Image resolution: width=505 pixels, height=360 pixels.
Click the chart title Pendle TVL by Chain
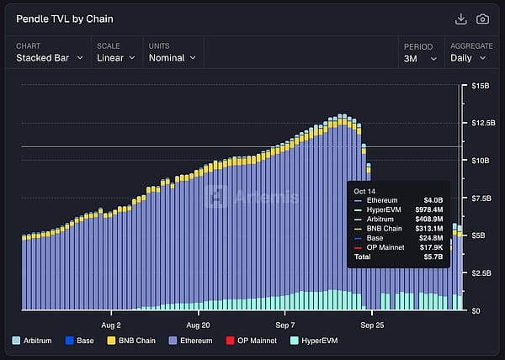[x=65, y=19]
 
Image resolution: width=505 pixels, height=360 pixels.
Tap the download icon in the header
[x=460, y=19]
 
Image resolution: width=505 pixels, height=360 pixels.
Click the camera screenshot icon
[x=482, y=19]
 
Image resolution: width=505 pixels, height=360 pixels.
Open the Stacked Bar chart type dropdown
[x=50, y=58]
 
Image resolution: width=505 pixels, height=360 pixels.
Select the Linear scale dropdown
[x=116, y=58]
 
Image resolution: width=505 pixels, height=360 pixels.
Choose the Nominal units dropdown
[x=172, y=58]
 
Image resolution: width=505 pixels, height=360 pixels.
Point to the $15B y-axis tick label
[x=481, y=86]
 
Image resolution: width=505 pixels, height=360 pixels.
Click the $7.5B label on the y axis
[x=481, y=198]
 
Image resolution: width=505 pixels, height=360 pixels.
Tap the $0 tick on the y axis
[x=476, y=310]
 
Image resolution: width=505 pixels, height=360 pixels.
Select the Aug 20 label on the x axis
[x=199, y=324]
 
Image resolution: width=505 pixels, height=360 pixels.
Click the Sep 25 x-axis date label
[x=373, y=324]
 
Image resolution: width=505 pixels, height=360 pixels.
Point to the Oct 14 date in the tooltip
[x=364, y=191]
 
